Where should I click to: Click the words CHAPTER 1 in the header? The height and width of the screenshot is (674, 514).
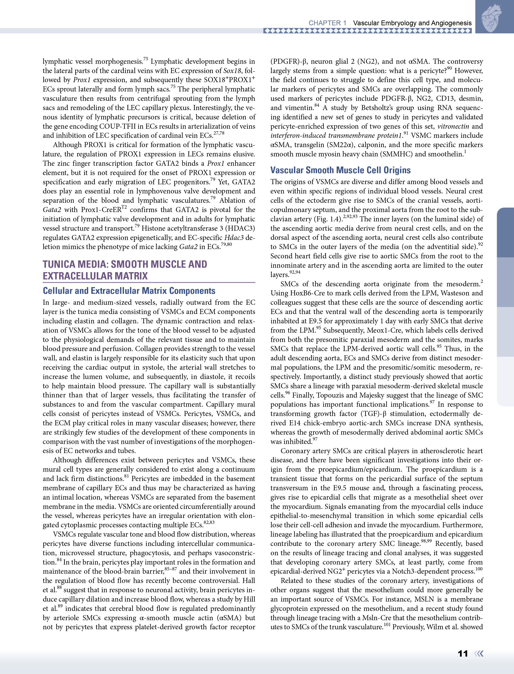click(x=327, y=23)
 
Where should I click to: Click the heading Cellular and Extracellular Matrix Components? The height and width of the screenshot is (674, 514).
click(x=129, y=291)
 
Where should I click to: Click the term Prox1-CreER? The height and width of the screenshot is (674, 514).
click(x=101, y=210)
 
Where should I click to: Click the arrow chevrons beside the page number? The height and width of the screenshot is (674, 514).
click(x=478, y=654)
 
